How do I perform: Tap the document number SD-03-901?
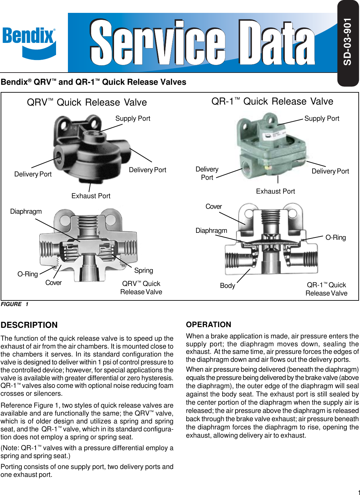pyautogui.click(x=347, y=42)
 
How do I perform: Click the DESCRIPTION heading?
pyautogui.click(x=29, y=325)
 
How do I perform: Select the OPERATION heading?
pyautogui.click(x=208, y=325)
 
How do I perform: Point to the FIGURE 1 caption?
pyautogui.click(x=15, y=304)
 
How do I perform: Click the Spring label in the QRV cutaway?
pyautogui.click(x=143, y=270)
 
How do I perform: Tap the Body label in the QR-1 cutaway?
pyautogui.click(x=227, y=286)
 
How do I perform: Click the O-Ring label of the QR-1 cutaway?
pyautogui.click(x=336, y=237)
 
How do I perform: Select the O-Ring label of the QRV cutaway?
pyautogui.click(x=28, y=274)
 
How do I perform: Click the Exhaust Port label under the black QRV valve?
pyautogui.click(x=91, y=196)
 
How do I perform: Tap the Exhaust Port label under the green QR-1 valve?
pyautogui.click(x=275, y=191)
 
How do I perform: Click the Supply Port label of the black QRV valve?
pyautogui.click(x=133, y=118)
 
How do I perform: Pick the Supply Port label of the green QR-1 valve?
pyautogui.click(x=321, y=118)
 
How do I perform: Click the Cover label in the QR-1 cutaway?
pyautogui.click(x=214, y=206)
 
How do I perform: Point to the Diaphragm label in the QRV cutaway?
pyautogui.click(x=26, y=211)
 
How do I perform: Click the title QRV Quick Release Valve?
pyautogui.click(x=87, y=102)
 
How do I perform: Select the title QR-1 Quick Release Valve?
pyautogui.click(x=272, y=101)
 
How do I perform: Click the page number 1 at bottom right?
pyautogui.click(x=358, y=492)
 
